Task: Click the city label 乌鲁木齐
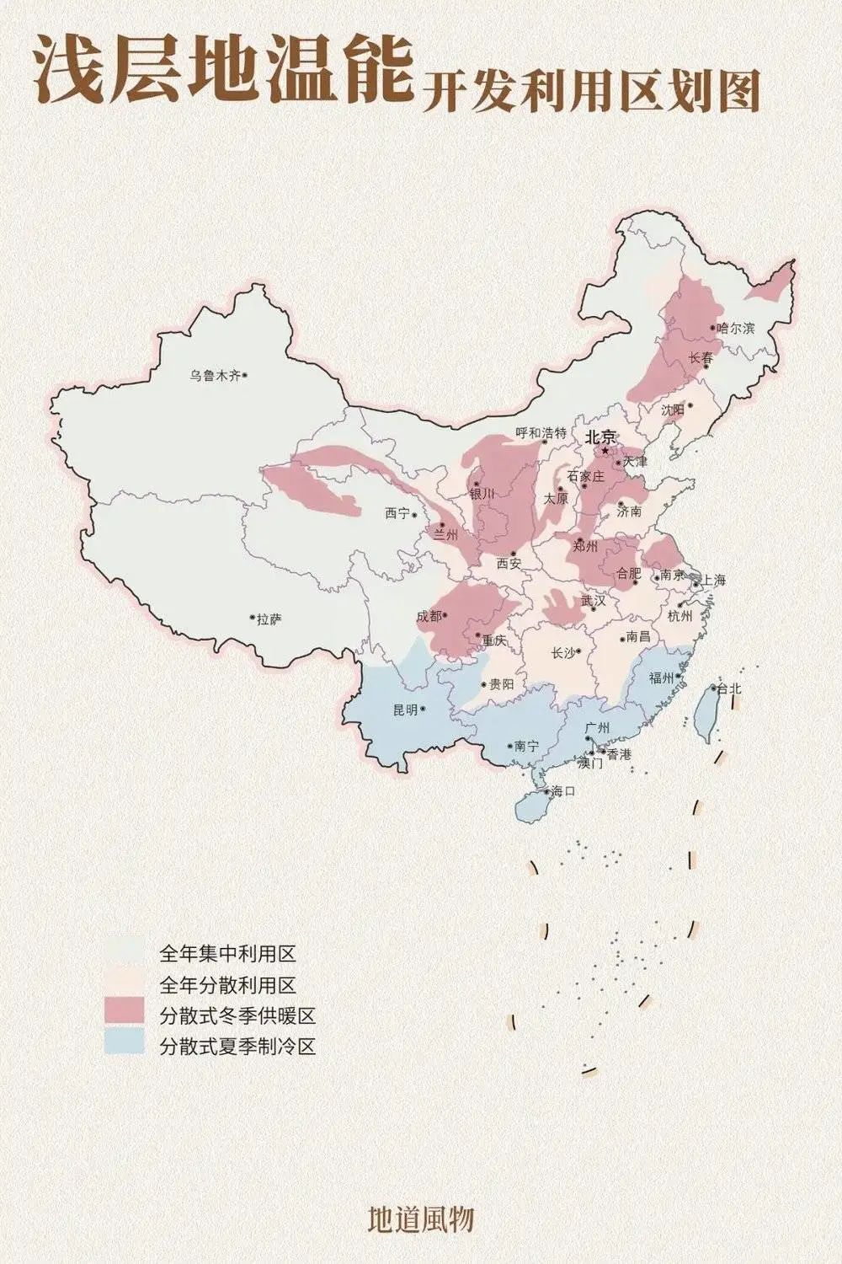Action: pyautogui.click(x=215, y=376)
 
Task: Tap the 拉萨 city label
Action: pyautogui.click(x=269, y=619)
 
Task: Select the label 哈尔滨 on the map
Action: pyautogui.click(x=736, y=328)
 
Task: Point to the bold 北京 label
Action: pyautogui.click(x=601, y=437)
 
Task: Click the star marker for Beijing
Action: pyautogui.click(x=605, y=451)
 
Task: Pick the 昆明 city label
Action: pyautogui.click(x=405, y=710)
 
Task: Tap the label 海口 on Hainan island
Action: pyautogui.click(x=562, y=791)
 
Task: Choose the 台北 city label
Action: pyautogui.click(x=730, y=688)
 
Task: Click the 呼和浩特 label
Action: pyautogui.click(x=541, y=433)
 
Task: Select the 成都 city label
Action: pyautogui.click(x=428, y=616)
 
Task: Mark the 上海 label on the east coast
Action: pyautogui.click(x=712, y=580)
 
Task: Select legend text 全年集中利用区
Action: pyautogui.click(x=228, y=955)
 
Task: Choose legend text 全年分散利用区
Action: pyautogui.click(x=228, y=984)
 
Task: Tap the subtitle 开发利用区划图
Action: pyautogui.click(x=590, y=92)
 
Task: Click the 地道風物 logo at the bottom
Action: pyautogui.click(x=421, y=1218)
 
